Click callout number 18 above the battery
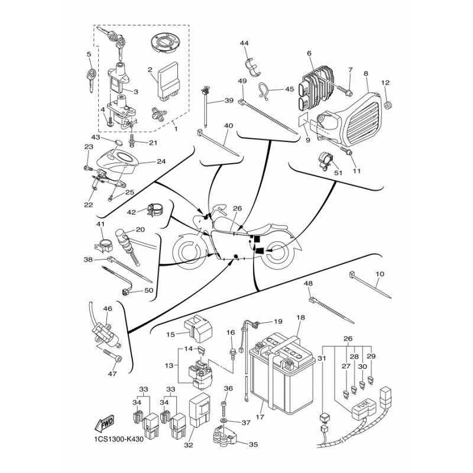[x=300, y=318]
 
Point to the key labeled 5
[x=90, y=76]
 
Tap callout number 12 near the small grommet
[x=385, y=83]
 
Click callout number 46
[x=107, y=309]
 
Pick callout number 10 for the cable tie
[x=380, y=274]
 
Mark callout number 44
[x=244, y=43]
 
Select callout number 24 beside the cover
[x=144, y=161]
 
